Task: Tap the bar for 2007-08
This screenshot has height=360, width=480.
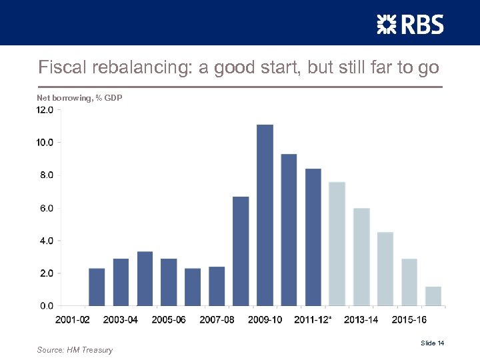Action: coord(217,286)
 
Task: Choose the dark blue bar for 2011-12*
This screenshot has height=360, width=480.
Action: coord(313,237)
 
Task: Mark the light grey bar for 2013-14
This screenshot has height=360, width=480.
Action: coord(361,257)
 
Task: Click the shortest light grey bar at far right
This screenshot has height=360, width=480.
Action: coord(433,296)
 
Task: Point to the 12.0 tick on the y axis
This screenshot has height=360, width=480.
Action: coord(45,110)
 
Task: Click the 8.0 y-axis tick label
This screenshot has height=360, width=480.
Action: coord(45,175)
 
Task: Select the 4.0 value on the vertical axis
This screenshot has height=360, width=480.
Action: coord(45,241)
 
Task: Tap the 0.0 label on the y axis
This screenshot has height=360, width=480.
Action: coord(45,306)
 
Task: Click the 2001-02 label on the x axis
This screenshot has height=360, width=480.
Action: coord(73,320)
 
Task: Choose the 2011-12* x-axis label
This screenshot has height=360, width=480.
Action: coord(313,320)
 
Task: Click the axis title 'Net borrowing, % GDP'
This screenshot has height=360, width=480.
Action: coord(79,99)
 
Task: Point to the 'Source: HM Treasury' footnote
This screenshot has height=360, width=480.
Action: coord(75,350)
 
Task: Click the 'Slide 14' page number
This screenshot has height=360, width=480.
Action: coord(432,343)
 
